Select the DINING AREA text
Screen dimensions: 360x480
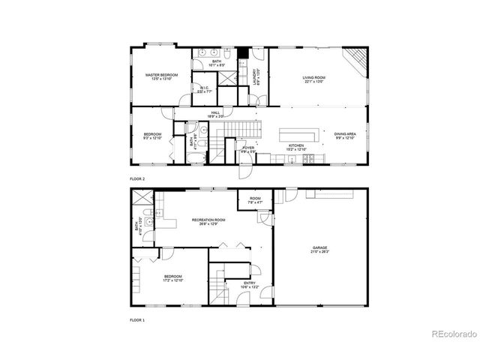click(346, 136)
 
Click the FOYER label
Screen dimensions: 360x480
click(248, 149)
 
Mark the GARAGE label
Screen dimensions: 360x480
click(320, 249)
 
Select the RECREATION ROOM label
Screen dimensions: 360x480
click(208, 220)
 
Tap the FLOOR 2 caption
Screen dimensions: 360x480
click(137, 178)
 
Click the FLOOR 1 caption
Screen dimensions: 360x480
click(137, 319)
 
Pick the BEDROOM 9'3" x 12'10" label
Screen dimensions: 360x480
click(152, 136)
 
